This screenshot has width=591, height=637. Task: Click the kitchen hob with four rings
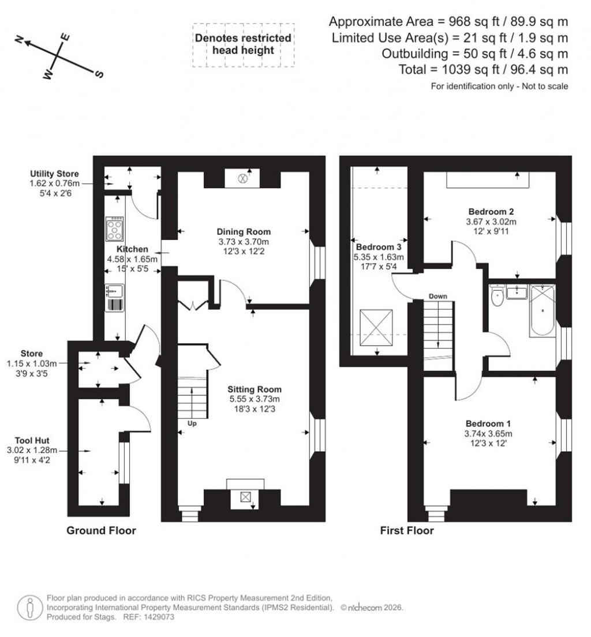click(114, 228)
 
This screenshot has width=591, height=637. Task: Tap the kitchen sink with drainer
click(114, 298)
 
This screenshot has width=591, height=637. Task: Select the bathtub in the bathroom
click(542, 310)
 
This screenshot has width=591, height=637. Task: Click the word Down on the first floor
click(437, 296)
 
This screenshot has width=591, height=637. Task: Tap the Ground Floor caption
click(102, 530)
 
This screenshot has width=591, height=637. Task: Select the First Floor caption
click(407, 530)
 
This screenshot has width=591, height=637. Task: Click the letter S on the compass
click(99, 74)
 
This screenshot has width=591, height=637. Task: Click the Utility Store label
click(55, 174)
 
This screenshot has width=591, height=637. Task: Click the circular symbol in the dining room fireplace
click(243, 179)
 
